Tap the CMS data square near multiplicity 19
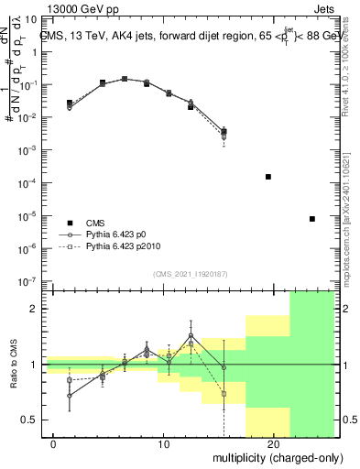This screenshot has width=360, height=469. pyautogui.click(x=268, y=176)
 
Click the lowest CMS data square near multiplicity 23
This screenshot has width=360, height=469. pyautogui.click(x=312, y=219)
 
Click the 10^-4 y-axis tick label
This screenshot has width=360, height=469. pyautogui.click(x=31, y=183)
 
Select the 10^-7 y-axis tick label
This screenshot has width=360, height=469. pyautogui.click(x=31, y=281)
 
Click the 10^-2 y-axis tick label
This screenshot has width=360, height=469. pyautogui.click(x=31, y=117)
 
